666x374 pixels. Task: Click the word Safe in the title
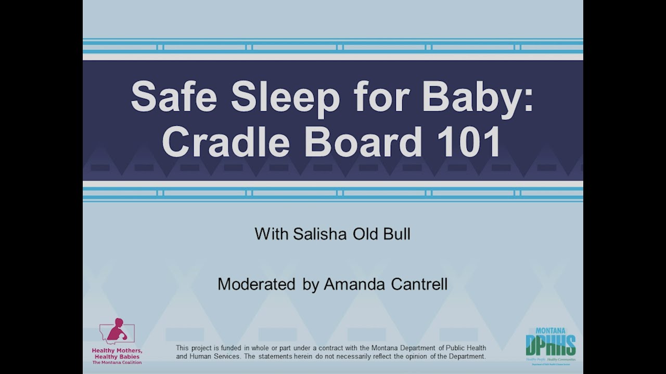point(173,96)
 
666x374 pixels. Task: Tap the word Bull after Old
point(396,234)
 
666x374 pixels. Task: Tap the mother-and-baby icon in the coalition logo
point(117,331)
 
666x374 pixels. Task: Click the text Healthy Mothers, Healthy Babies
point(117,354)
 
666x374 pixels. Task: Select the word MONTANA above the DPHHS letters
point(550,331)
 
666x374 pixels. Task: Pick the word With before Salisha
point(272,234)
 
